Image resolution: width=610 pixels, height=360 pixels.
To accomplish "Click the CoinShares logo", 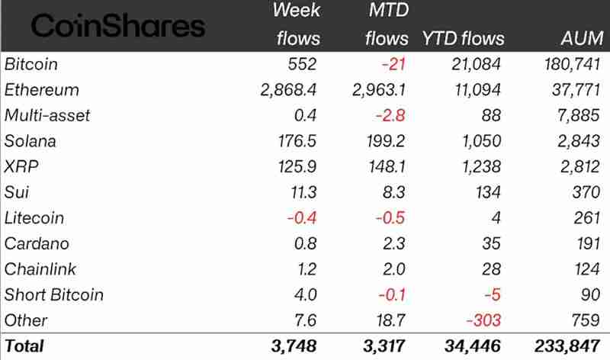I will pos(118,27).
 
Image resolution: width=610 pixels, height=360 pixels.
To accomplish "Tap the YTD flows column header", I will pos(463,38).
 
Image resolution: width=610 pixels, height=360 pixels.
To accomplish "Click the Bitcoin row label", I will pos(31,64).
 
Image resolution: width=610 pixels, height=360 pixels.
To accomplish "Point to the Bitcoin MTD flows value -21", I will pos(393,64).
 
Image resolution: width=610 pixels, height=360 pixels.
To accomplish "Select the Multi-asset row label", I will pos(47,115).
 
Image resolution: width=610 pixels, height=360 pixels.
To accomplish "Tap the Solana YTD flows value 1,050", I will pos(480,141).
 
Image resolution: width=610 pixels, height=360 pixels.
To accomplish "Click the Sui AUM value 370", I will pos(588,192).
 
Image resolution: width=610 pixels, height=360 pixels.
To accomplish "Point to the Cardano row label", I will pos(37,243).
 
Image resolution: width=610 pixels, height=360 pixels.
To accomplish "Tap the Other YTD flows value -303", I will pos(484,320).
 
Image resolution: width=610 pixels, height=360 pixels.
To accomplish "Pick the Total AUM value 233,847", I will pos(571,346).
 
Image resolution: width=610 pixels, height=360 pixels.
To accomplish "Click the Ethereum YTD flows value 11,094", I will pos(476,90).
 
